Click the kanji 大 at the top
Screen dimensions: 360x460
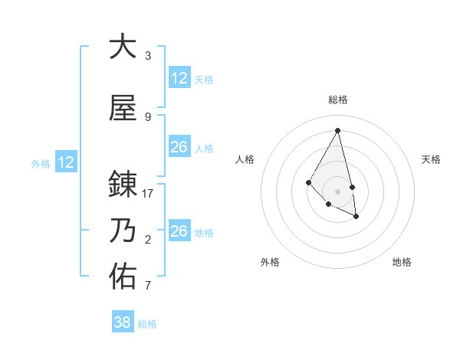pos(123,47)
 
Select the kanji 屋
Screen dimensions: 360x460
pos(123,110)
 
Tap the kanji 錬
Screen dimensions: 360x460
pos(123,185)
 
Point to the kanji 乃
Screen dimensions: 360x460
pos(123,231)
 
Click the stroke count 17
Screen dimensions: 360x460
pos(149,194)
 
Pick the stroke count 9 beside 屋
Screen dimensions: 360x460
pos(148,117)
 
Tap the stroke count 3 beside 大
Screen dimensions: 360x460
pos(148,56)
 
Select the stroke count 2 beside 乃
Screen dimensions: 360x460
pos(148,241)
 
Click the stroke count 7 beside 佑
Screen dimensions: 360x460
pos(148,286)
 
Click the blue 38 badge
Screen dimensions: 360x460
pos(122,322)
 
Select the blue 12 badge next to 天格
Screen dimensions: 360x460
pos(179,78)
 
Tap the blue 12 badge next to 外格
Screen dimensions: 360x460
pos(66,162)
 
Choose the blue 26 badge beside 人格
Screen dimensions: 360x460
pos(179,147)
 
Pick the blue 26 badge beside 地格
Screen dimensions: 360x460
pos(179,231)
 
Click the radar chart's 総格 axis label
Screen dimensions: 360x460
pos(338,100)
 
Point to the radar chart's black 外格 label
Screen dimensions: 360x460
pos(270,262)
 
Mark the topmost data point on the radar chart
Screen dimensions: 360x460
pos(338,129)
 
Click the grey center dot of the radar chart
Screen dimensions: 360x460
pos(338,191)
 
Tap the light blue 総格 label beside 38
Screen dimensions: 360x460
pos(147,324)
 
